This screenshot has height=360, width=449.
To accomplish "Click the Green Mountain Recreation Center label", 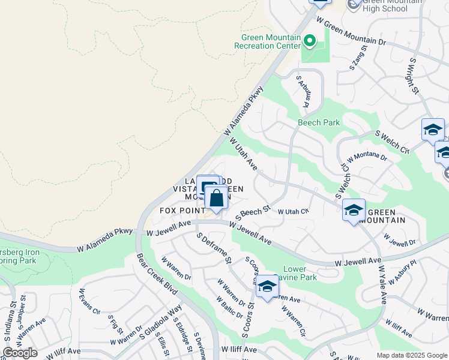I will [x=267, y=40].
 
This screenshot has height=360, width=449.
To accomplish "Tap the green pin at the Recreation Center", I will [x=310, y=41].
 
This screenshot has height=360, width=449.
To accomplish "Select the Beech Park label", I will [x=319, y=122].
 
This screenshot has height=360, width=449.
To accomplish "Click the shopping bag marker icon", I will [x=216, y=198].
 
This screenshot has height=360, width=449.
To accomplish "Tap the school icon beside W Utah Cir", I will [x=354, y=209].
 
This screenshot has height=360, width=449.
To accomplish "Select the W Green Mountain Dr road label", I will [x=359, y=32].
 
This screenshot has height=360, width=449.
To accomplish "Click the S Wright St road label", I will [x=414, y=76].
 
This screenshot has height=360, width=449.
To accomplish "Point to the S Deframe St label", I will [x=214, y=248].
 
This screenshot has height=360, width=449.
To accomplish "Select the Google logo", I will [x=20, y=352].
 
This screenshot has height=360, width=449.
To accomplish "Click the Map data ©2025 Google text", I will [x=412, y=355].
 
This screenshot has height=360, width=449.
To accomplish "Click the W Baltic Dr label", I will [x=230, y=307].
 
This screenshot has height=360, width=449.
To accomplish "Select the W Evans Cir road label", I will [x=89, y=301].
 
